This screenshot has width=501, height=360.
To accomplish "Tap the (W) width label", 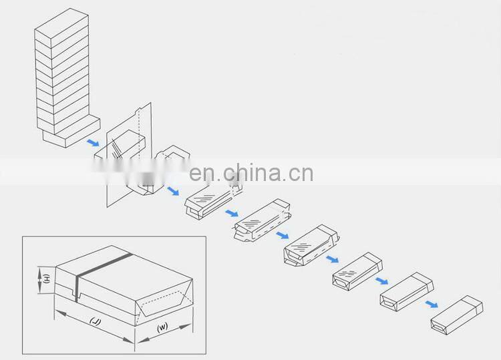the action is pos(162,328).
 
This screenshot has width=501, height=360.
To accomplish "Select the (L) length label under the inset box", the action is pos(96,321).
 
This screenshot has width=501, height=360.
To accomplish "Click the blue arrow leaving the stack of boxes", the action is pos(92,142).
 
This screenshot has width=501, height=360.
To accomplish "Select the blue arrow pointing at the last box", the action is pos(433,305).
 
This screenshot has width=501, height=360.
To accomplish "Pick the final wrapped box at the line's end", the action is pos(456,318).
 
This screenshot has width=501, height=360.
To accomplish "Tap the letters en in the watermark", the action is pos(200,174).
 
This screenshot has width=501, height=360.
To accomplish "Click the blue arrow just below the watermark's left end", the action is pos(172,192).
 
